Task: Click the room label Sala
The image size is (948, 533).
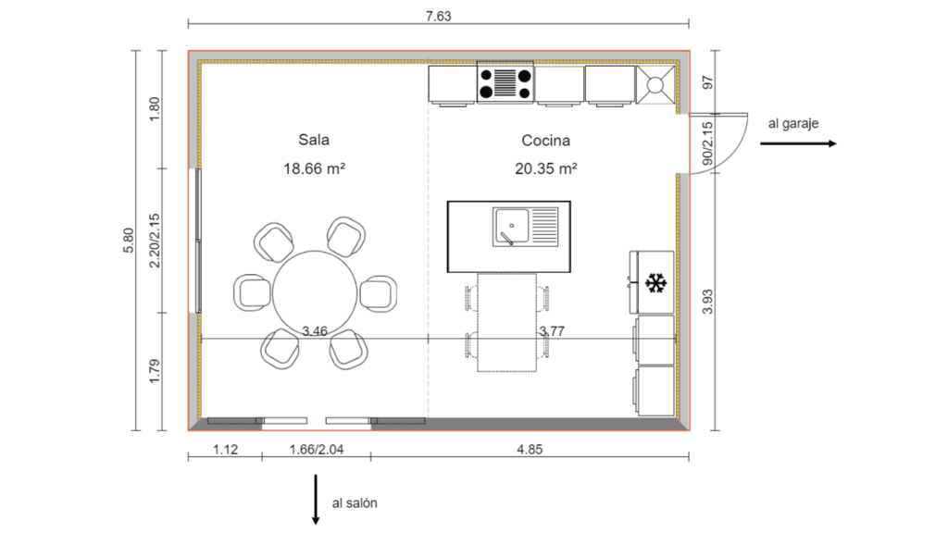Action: click(x=314, y=141)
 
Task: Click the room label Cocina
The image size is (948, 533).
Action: click(x=545, y=141)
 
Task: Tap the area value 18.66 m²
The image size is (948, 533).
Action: click(x=314, y=168)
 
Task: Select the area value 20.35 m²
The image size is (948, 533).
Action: click(x=546, y=168)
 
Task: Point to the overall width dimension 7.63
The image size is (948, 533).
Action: click(x=437, y=15)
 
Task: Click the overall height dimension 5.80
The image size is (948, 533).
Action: click(x=130, y=241)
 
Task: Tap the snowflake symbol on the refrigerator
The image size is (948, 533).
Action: click(x=655, y=283)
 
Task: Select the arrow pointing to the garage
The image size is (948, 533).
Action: click(x=798, y=143)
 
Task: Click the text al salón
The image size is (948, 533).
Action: click(x=355, y=503)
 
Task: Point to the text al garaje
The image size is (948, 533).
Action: click(x=792, y=122)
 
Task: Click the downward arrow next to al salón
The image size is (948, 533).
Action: click(x=316, y=500)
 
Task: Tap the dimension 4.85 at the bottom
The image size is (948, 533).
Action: click(x=530, y=451)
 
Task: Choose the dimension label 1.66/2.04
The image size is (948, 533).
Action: click(x=316, y=451)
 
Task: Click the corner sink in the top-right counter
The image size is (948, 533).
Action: click(x=656, y=86)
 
